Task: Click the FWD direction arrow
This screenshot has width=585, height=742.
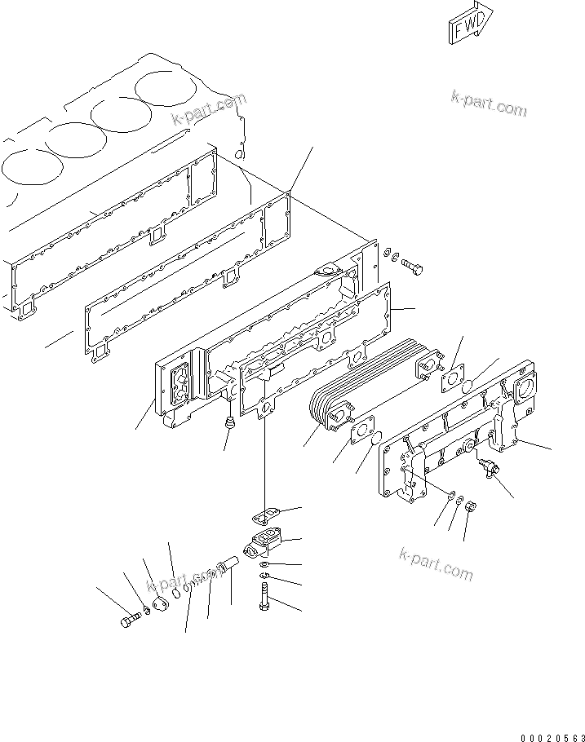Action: (471, 22)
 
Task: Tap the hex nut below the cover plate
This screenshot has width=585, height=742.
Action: (471, 508)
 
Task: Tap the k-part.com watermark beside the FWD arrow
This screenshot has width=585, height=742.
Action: (489, 104)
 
